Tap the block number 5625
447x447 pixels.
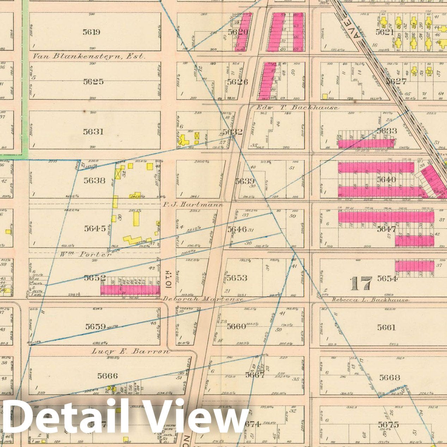(93, 82)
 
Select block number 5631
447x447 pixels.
(93, 131)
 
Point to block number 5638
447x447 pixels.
(94, 180)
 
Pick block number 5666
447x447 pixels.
(108, 376)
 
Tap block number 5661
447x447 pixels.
(386, 327)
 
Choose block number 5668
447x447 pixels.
(390, 378)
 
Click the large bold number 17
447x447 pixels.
(361, 283)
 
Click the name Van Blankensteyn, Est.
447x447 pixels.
(88, 56)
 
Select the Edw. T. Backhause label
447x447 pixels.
(297, 108)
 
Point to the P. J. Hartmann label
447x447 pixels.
(192, 204)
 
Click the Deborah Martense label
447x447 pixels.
(203, 299)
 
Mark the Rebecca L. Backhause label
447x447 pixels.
(370, 300)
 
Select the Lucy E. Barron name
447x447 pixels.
(130, 351)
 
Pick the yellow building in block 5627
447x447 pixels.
(325, 96)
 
